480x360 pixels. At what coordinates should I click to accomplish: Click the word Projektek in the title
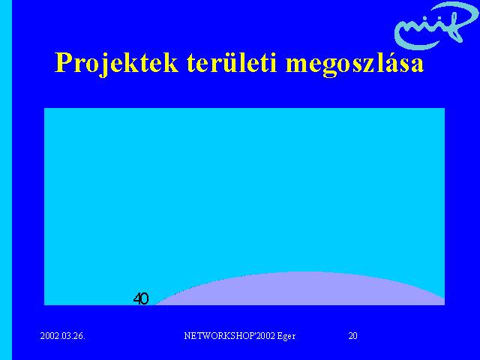coord(117,64)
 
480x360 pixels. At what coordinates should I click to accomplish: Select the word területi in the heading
coord(232,62)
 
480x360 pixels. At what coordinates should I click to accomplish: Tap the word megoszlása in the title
coord(355,64)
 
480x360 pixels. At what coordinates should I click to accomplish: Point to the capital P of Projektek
coord(64,62)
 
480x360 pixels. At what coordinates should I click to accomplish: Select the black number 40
coord(141,298)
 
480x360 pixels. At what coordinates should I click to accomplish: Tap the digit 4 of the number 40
coord(137,298)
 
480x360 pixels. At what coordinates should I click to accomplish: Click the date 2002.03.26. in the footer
coord(63,336)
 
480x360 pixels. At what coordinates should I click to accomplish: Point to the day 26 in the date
coord(78,336)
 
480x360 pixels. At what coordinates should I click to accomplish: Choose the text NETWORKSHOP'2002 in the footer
coord(229,336)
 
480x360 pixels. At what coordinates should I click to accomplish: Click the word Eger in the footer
coord(286,337)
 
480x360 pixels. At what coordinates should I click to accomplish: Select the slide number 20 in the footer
coord(352,336)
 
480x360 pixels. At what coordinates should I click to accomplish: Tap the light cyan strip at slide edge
coord(6,180)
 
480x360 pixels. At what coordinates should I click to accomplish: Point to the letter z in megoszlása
coord(370,65)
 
